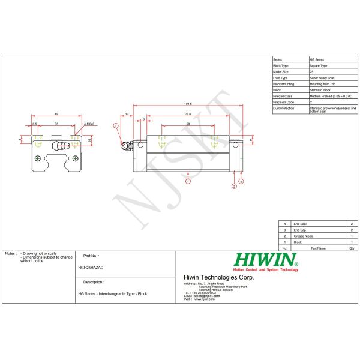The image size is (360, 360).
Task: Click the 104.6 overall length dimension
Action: [188, 104]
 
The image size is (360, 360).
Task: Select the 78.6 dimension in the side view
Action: [188, 113]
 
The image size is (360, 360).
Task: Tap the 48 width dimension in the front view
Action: [56, 113]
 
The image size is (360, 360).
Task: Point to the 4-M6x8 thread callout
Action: [89, 123]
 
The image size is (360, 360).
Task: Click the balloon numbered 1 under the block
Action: [188, 181]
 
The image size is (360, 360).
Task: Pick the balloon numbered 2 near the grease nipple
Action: [115, 126]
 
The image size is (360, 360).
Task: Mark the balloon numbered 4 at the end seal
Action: [241, 181]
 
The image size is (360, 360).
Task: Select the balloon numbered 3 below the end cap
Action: [234, 187]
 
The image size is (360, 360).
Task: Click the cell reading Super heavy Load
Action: [322, 78]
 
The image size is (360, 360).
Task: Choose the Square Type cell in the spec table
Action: [319, 65]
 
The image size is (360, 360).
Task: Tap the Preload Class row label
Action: [283, 96]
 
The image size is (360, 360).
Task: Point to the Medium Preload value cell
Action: [330, 96]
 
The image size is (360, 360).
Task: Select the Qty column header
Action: [350, 247]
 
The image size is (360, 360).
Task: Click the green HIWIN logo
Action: [266, 260]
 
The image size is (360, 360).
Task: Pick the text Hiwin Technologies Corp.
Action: [218, 277]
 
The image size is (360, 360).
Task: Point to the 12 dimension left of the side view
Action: [127, 113]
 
